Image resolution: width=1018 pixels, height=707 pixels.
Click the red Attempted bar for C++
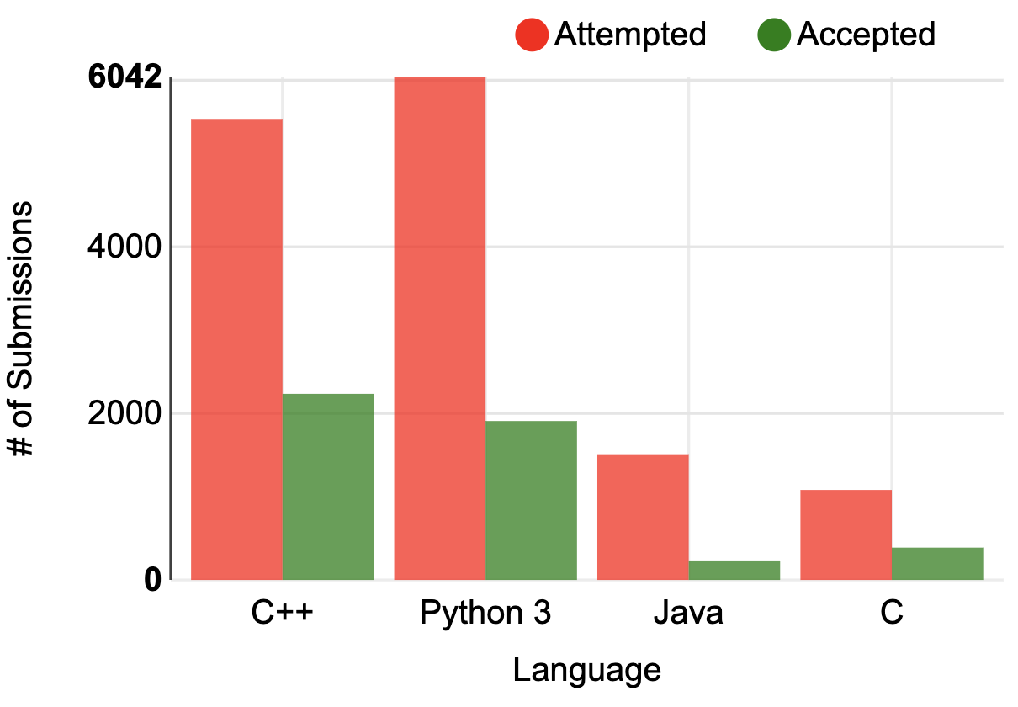(237, 349)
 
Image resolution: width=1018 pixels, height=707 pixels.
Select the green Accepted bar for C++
(328, 486)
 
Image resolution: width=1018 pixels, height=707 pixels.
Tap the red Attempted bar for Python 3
(440, 328)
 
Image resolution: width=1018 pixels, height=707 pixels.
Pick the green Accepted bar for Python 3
(531, 500)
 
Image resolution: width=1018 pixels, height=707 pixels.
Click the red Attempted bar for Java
(643, 517)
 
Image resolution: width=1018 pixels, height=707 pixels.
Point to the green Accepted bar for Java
(734, 570)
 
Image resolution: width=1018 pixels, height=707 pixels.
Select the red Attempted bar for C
(846, 534)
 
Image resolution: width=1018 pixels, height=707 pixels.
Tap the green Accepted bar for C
(937, 563)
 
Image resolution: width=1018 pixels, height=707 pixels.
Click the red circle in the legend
(532, 35)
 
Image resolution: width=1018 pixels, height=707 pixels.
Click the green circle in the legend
(774, 35)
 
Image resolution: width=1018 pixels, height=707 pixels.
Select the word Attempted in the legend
(630, 35)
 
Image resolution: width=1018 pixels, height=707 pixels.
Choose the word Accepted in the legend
(866, 35)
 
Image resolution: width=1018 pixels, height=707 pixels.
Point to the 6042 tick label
(124, 78)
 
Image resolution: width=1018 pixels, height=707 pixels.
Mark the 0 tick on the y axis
(152, 580)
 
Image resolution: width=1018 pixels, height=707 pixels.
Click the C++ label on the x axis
(283, 613)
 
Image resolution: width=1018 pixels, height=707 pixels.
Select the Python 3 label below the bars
(485, 613)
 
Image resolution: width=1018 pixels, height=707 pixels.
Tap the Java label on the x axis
(688, 613)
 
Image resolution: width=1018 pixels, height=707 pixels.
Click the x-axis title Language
(587, 671)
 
